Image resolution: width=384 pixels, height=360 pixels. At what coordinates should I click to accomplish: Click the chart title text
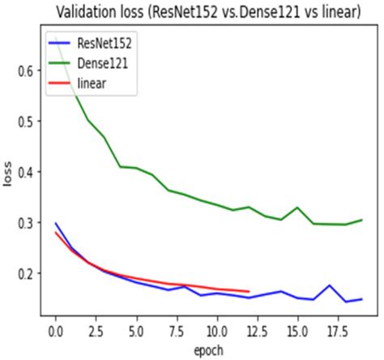(208, 12)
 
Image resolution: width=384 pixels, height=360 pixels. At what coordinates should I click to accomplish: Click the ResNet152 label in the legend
(105, 43)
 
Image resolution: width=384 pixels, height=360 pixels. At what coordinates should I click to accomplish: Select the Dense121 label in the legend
(103, 63)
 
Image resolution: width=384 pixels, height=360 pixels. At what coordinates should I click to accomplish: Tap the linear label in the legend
(92, 84)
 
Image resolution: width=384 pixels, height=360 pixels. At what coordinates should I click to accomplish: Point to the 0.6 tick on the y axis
(26, 71)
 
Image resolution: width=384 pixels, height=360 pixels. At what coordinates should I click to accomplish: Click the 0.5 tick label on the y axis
(26, 122)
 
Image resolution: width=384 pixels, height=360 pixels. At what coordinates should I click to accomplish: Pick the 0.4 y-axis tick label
(26, 172)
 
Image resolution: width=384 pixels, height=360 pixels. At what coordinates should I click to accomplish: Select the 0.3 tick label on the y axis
(26, 223)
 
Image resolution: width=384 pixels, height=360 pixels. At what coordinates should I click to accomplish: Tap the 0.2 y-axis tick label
(26, 273)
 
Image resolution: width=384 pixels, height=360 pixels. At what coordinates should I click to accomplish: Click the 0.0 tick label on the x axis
(56, 332)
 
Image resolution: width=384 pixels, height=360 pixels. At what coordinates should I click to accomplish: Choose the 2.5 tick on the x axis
(96, 332)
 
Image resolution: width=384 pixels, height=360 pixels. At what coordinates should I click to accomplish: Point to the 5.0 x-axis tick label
(136, 332)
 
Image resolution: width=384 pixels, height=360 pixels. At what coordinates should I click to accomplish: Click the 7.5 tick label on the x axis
(177, 332)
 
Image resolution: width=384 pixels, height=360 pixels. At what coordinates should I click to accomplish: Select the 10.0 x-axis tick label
(217, 332)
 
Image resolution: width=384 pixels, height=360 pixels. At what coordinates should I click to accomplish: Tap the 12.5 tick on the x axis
(257, 332)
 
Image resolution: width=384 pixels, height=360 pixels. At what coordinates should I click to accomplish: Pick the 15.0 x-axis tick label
(297, 332)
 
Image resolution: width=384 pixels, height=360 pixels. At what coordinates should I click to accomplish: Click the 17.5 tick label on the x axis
(338, 332)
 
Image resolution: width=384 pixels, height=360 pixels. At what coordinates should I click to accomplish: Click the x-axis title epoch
(209, 350)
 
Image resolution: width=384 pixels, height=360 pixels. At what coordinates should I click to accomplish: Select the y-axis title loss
(8, 174)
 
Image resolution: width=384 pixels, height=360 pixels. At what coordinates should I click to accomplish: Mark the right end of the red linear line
(249, 291)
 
